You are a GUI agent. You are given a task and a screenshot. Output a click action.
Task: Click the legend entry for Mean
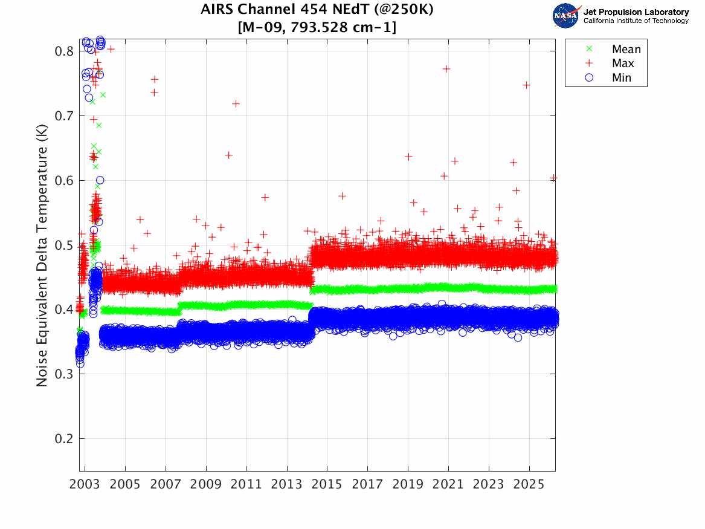pos(626,50)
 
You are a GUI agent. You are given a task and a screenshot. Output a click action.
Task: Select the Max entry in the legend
pos(622,63)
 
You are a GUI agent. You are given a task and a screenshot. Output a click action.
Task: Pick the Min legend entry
pos(621,77)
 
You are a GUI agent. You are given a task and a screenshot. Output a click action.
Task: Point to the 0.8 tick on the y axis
pos(64,51)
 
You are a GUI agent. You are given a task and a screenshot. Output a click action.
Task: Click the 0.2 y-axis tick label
pos(64,439)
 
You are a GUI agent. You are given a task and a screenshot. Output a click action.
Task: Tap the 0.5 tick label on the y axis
pos(64,245)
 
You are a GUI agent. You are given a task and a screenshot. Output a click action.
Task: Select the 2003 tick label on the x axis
pos(85,485)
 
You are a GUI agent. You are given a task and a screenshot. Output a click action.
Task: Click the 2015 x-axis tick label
pos(327,485)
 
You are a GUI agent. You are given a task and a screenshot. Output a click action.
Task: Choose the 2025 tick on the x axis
pos(529,485)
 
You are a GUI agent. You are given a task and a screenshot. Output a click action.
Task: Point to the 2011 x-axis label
pos(246,485)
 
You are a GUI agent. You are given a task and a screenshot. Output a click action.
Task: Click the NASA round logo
pos(567,15)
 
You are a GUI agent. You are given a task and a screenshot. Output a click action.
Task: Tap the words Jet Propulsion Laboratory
pos(636,12)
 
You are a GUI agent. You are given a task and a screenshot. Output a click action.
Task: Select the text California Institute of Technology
pos(636,21)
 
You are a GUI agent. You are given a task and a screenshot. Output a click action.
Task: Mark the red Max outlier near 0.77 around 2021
pos(446,69)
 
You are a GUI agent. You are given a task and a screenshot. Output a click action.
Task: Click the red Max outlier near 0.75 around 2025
pos(526,85)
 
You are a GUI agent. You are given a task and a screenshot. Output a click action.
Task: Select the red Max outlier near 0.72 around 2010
pos(236,104)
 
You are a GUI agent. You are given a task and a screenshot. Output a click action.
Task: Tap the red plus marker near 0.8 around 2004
pos(111,50)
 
